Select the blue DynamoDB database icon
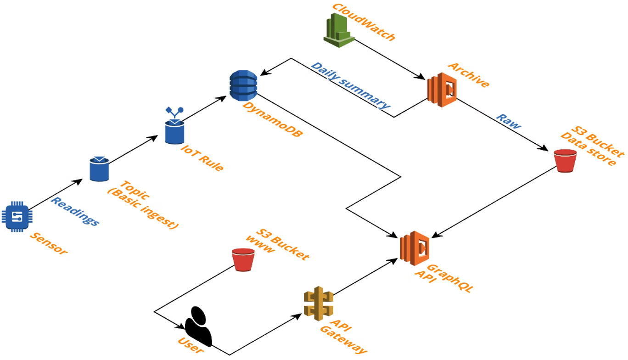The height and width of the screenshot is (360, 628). click(x=243, y=85)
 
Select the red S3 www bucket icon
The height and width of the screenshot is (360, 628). click(x=243, y=259)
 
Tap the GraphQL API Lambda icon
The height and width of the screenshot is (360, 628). click(x=414, y=248)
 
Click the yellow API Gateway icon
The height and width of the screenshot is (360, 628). click(x=318, y=303)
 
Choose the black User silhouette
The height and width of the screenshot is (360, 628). click(x=198, y=326)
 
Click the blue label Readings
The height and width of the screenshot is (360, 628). click(x=74, y=211)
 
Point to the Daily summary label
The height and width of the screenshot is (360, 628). click(x=351, y=85)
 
